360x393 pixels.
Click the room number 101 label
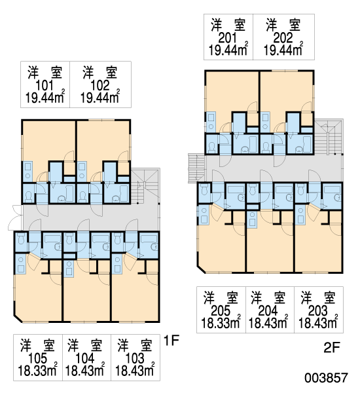click(45, 86)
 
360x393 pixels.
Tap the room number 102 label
click(100, 86)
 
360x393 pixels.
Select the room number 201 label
click(228, 38)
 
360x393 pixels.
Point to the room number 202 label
click(283, 38)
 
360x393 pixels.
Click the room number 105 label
click(37, 359)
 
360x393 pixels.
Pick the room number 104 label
click(85, 359)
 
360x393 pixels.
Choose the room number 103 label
click(135, 359)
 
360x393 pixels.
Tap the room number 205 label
click(221, 311)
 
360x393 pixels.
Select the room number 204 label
click(268, 311)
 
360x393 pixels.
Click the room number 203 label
click(318, 311)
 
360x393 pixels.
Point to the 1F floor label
click(171, 341)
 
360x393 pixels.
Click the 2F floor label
click(331, 348)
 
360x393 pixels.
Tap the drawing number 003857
click(327, 378)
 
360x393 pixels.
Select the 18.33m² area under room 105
click(37, 370)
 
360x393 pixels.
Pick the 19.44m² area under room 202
click(283, 50)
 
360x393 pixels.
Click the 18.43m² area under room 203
click(318, 323)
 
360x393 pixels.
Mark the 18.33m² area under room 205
click(221, 323)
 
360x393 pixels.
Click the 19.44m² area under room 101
click(45, 97)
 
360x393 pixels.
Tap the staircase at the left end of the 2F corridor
click(196, 168)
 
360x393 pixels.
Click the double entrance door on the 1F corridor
click(16, 217)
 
